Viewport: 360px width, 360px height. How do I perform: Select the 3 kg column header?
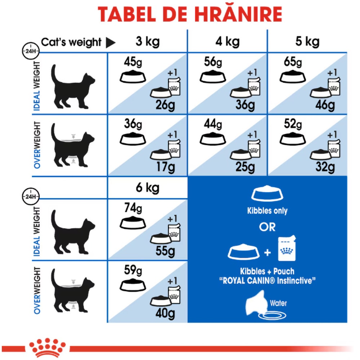click(147, 42)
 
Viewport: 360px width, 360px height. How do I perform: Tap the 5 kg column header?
click(307, 42)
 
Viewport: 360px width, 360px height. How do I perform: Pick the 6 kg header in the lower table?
click(147, 188)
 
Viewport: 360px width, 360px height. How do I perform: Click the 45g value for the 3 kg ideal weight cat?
click(133, 62)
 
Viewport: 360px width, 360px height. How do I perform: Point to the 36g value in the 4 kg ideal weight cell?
click(245, 105)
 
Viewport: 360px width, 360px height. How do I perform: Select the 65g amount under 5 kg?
click(293, 62)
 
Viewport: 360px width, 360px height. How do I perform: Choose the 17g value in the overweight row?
click(165, 167)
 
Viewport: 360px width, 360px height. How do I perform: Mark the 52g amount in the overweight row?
click(293, 124)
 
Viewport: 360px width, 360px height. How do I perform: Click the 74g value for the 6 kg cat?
click(133, 208)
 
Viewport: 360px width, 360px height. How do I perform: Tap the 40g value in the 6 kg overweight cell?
click(165, 313)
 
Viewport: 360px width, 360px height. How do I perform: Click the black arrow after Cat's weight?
click(111, 43)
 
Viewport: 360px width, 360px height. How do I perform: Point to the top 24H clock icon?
click(31, 51)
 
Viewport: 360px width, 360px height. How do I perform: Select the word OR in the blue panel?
click(267, 227)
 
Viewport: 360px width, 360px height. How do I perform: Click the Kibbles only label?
click(267, 211)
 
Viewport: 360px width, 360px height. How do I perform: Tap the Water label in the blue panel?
click(278, 303)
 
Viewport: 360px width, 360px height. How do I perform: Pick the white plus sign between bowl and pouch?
click(267, 253)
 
